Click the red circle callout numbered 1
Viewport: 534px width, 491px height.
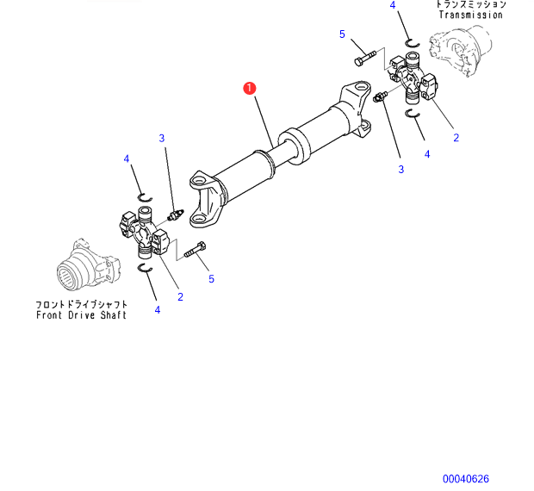(x=249, y=88)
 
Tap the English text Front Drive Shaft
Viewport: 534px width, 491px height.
(x=82, y=315)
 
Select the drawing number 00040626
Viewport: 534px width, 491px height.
(x=466, y=479)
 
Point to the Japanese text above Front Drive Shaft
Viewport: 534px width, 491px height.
(x=82, y=304)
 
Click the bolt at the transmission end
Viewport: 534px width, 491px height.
(x=365, y=58)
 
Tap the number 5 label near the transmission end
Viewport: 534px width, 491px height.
(x=342, y=34)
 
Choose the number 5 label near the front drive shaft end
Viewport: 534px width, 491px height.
(x=211, y=279)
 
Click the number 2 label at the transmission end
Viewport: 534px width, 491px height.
(x=456, y=137)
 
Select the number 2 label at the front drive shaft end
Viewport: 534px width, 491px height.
(x=180, y=297)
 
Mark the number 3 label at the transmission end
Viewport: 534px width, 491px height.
(x=400, y=170)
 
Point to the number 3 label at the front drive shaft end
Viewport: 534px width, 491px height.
(x=161, y=138)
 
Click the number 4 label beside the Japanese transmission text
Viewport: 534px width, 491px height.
(x=393, y=5)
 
